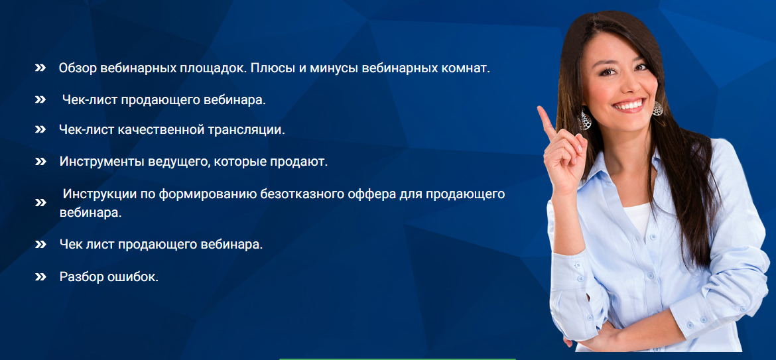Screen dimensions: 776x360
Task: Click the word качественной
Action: (x=161, y=130)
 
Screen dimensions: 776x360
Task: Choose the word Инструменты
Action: (x=102, y=162)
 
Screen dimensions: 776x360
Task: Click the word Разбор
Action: (x=81, y=276)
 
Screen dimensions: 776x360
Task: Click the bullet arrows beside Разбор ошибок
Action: (x=40, y=277)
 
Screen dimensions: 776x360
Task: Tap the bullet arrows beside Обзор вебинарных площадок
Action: (x=40, y=68)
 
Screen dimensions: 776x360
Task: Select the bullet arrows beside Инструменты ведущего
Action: (x=40, y=162)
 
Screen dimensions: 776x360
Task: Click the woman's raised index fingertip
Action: (x=541, y=109)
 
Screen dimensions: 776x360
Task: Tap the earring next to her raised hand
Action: (x=585, y=119)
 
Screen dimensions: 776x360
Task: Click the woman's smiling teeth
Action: (x=629, y=105)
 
